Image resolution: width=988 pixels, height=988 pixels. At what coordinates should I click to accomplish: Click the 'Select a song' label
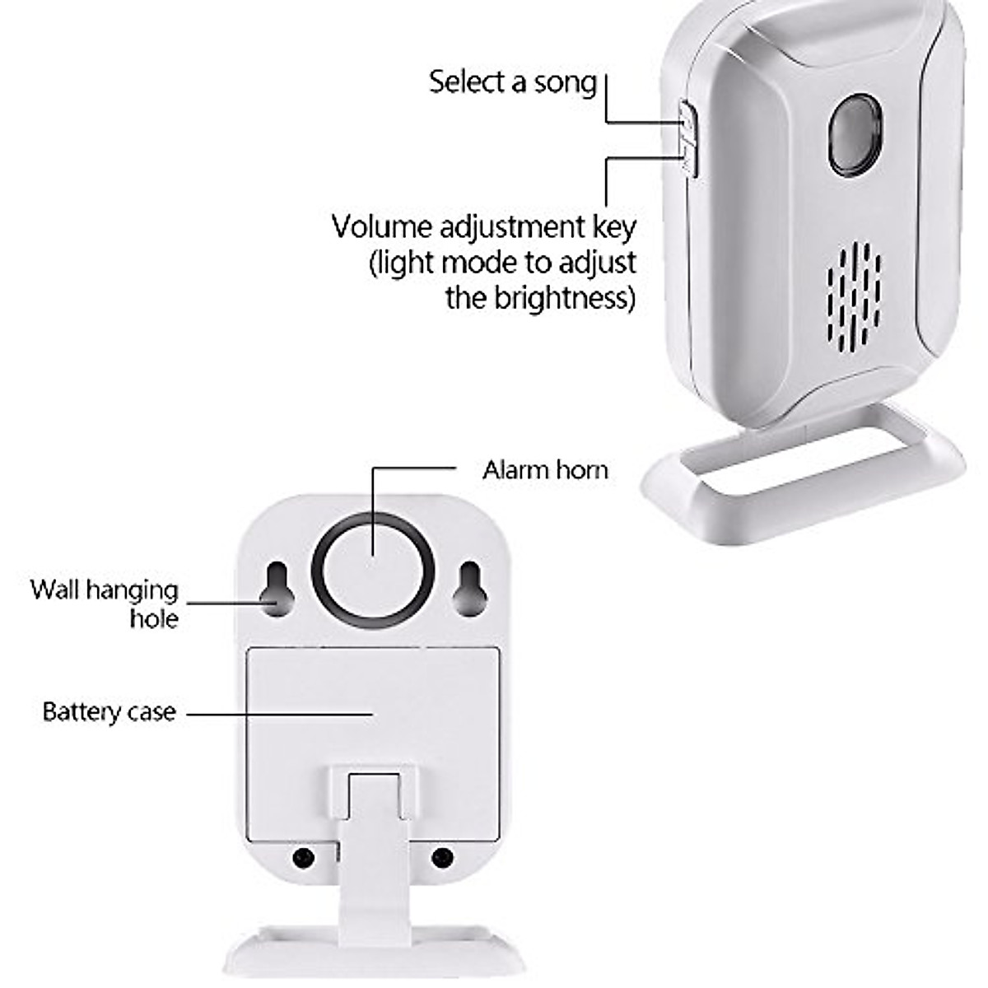512,82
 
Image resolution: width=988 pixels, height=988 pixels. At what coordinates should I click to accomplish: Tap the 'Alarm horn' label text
545,470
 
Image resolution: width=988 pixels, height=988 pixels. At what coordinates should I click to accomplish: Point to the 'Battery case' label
109,711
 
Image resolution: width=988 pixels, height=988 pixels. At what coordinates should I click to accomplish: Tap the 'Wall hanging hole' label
105,604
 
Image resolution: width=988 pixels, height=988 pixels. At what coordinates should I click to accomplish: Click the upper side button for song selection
687,117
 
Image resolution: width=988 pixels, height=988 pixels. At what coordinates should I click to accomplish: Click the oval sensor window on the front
855,134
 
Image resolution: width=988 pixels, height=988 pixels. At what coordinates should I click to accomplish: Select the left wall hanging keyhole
277,589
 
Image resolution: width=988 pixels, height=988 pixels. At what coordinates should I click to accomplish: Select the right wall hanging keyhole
468,589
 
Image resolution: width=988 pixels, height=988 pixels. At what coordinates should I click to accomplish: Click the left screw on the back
303,858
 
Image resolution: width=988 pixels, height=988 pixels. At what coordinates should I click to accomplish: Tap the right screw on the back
443,858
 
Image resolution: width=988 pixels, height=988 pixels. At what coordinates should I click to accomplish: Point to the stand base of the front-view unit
803,494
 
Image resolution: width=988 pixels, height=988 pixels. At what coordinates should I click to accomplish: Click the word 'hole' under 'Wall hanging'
154,617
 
